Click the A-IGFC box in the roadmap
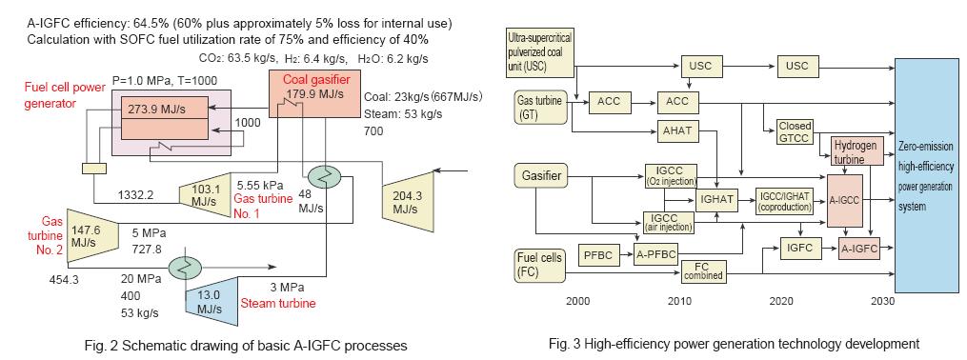(x=857, y=248)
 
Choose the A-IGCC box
(x=845, y=200)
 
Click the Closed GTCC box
(x=795, y=130)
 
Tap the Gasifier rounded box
(x=539, y=176)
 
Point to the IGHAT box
(x=714, y=200)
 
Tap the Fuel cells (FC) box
(x=539, y=263)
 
